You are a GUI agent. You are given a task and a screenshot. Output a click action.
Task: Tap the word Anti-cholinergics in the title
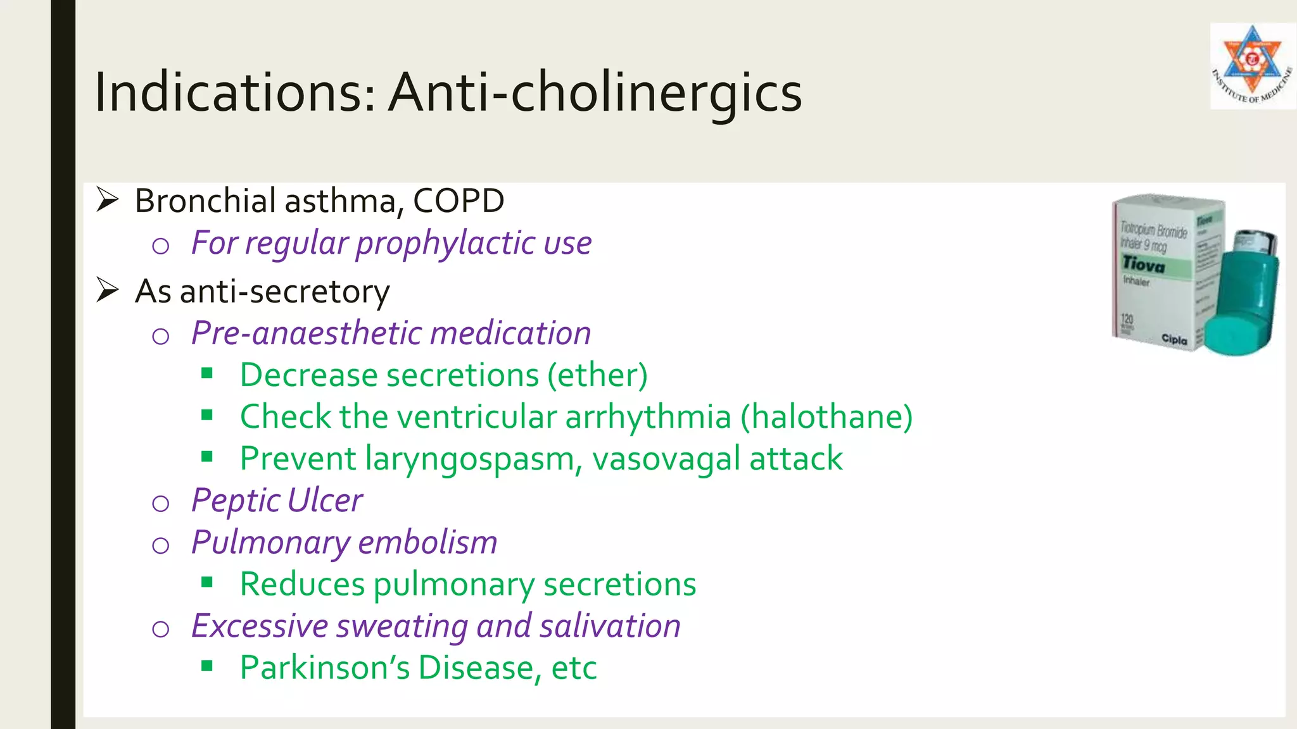pos(595,92)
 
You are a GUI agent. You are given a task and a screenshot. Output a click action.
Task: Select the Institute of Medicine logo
pos(1252,66)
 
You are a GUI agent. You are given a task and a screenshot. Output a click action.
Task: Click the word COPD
pos(459,201)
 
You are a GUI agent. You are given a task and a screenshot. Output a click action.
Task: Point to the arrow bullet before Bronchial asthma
pos(108,200)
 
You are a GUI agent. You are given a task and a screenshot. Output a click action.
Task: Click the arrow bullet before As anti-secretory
pos(108,290)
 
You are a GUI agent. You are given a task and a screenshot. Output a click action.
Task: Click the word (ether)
pos(597,375)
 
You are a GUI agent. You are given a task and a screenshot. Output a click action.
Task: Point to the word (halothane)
pos(826,417)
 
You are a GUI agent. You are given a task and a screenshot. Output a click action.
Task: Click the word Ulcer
pos(325,501)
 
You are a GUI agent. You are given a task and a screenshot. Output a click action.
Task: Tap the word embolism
pos(427,543)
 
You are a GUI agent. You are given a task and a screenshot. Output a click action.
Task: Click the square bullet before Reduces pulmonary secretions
pos(207,582)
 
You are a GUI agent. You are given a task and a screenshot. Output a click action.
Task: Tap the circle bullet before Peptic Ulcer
pos(161,504)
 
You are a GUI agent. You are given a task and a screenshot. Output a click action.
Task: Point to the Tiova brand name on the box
pos(1144,264)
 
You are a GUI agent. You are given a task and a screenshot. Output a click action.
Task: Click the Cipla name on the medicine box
pos(1174,339)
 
